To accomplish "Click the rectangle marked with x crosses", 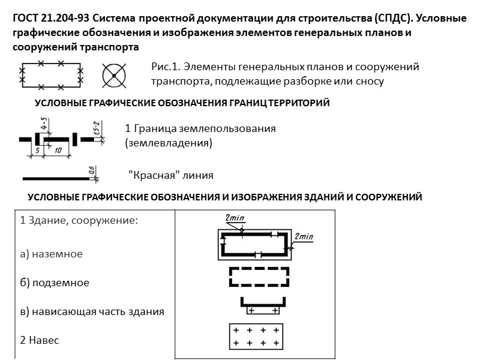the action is click(51, 74).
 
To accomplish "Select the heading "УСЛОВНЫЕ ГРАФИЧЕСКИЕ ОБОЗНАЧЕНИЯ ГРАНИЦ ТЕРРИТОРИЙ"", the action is click(182, 103).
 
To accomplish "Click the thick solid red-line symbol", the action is click(55, 178).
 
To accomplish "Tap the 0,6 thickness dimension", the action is click(91, 172).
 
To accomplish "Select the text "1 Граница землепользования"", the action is click(200, 128).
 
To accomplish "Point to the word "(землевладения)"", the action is click(169, 143).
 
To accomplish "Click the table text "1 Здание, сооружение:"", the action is click(79, 220).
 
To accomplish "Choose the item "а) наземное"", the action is click(52, 254).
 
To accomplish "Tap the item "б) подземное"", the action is click(55, 283).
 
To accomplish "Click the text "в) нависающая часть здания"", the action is click(92, 311).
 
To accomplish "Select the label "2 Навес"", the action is click(40, 340).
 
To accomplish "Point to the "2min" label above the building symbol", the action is click(233, 218).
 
